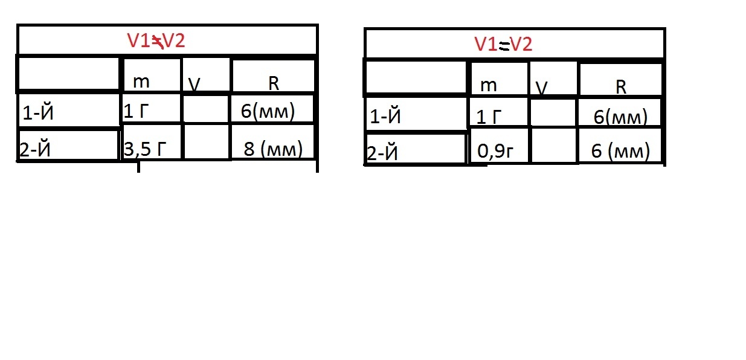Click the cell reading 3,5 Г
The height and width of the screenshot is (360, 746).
(151, 143)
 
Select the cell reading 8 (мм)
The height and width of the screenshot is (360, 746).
(273, 143)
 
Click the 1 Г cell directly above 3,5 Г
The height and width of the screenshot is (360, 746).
(151, 109)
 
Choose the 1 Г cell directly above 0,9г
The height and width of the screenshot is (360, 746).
(498, 112)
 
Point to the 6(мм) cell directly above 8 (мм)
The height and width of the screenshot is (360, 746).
(272, 109)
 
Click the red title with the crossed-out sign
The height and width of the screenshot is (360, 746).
(155, 40)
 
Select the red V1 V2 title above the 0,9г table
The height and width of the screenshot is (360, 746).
(503, 44)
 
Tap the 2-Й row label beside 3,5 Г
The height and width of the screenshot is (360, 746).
(68, 145)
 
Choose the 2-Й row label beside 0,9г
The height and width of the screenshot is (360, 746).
(416, 149)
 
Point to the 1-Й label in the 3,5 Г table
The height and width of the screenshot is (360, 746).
(68, 110)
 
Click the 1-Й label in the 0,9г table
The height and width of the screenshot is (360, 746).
(416, 113)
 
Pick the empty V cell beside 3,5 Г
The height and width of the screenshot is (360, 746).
(206, 143)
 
